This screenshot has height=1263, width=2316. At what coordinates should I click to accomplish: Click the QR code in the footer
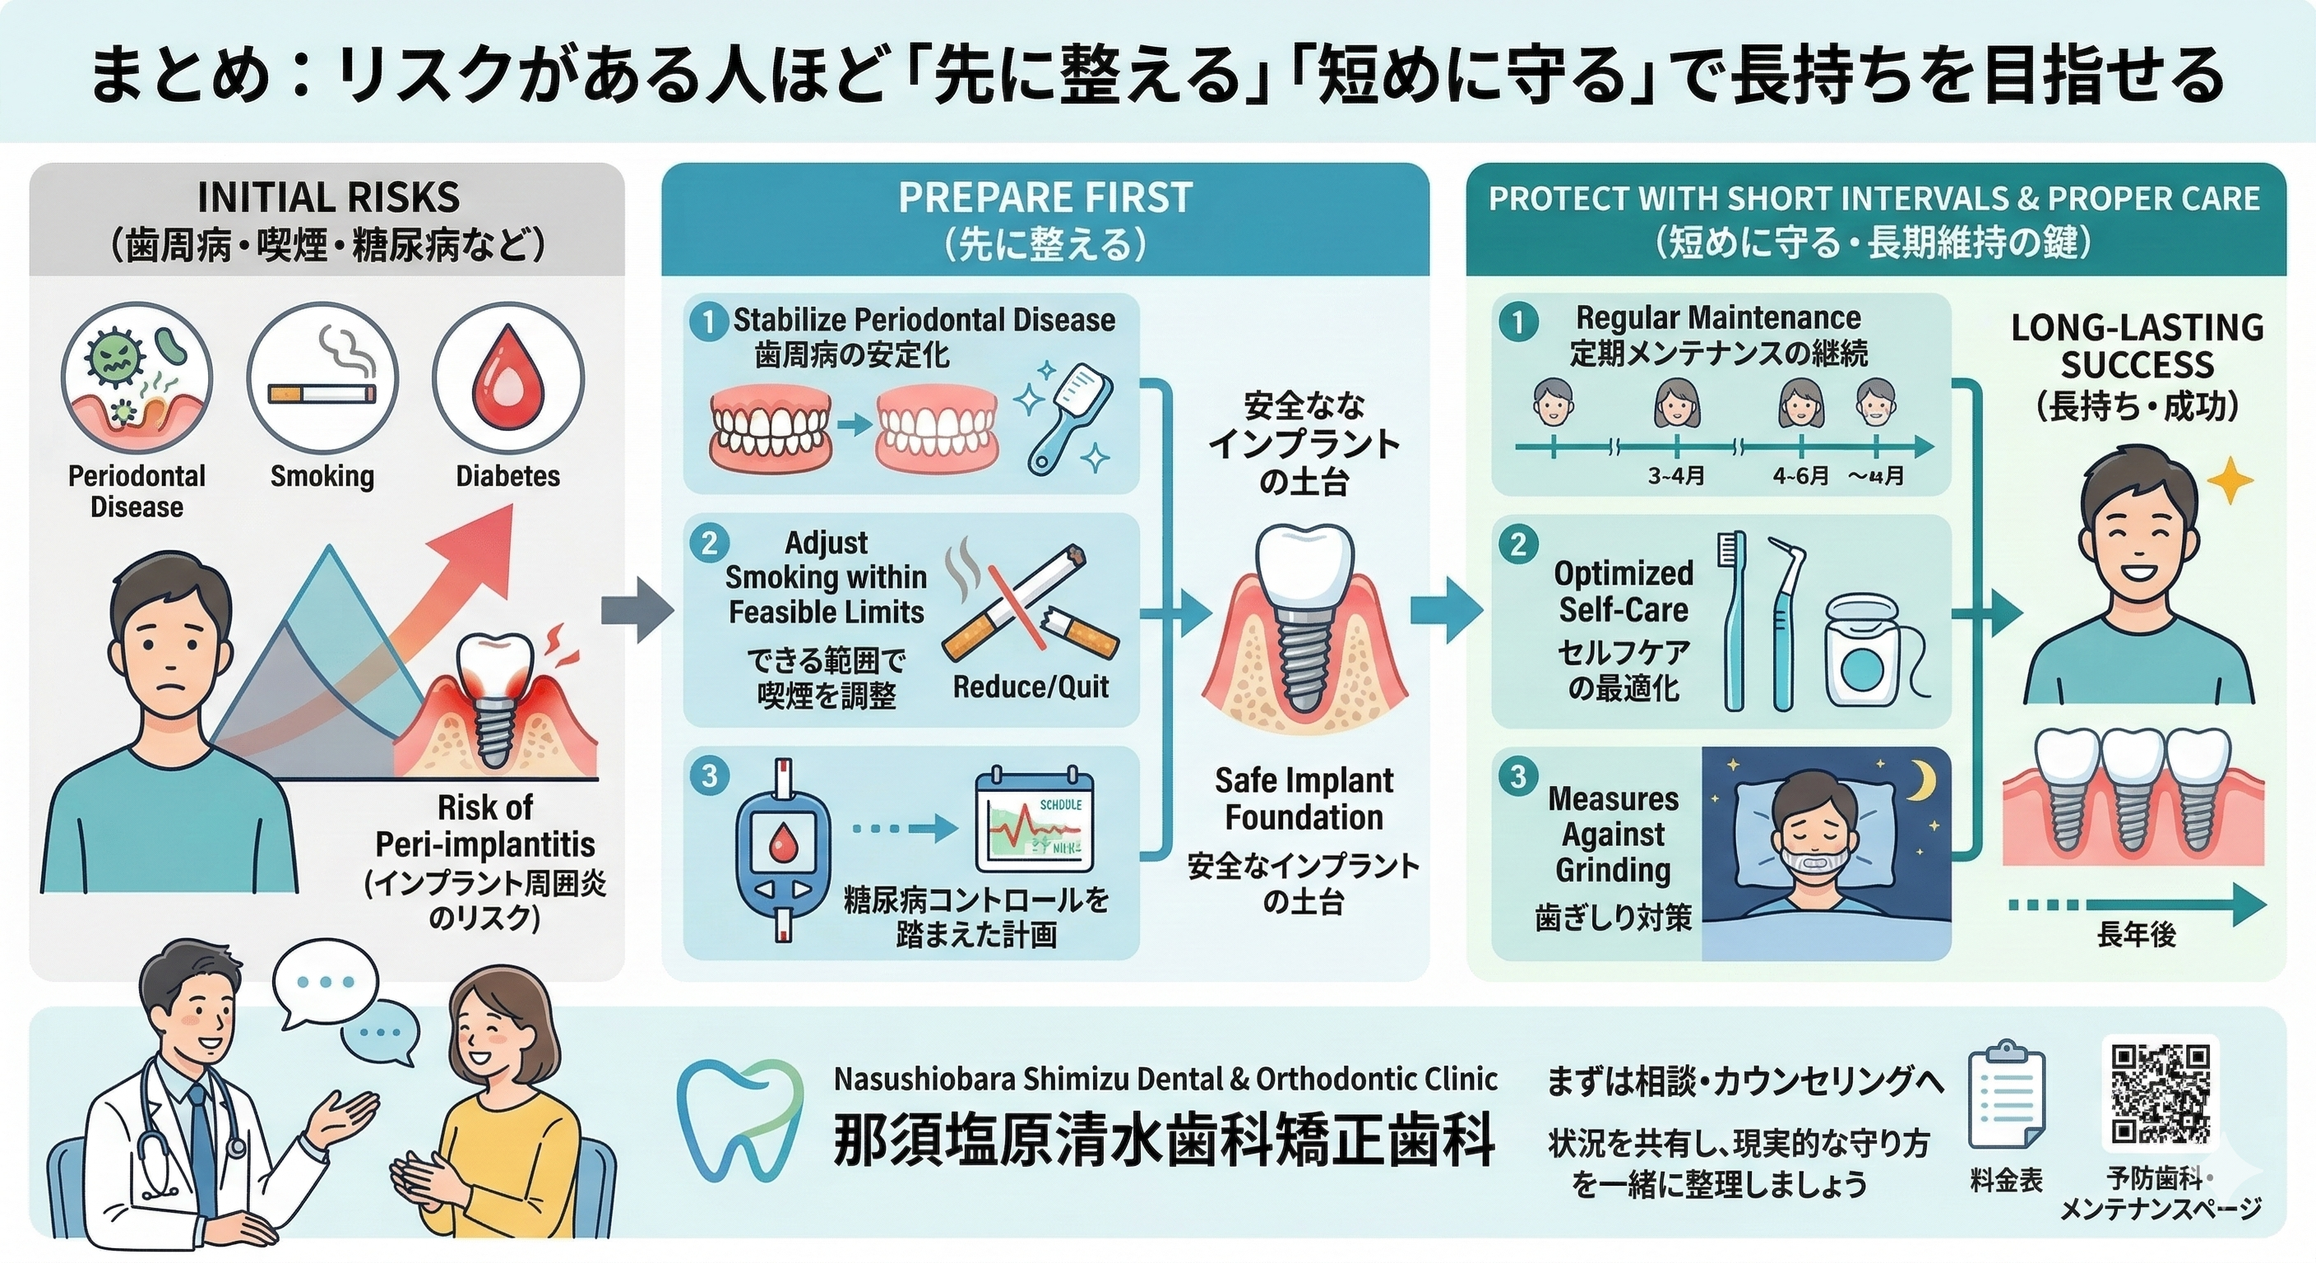tap(2160, 1092)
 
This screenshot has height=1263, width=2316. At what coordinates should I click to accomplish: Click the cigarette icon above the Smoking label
tap(322, 393)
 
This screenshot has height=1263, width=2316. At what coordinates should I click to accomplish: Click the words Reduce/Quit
tap(1031, 687)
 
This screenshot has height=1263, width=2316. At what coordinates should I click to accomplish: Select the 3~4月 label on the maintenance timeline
tap(1676, 476)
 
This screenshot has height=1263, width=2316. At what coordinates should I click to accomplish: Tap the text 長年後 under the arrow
tap(2136, 935)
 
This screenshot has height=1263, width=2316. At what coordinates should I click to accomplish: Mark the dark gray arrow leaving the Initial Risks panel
tap(637, 611)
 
